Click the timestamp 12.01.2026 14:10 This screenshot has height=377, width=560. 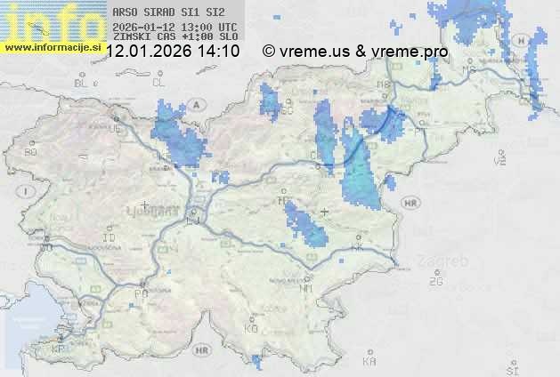pyautogui.click(x=173, y=52)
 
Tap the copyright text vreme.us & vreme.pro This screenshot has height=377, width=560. pyautogui.click(x=355, y=52)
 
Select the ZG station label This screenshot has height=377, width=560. pyautogui.click(x=435, y=282)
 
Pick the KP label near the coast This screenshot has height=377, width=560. pyautogui.click(x=58, y=349)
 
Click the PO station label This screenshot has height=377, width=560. pyautogui.click(x=140, y=293)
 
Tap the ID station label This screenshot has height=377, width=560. pyautogui.click(x=110, y=238)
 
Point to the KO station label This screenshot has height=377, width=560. pyautogui.click(x=251, y=328)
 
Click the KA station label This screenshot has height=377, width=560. pyautogui.click(x=370, y=361)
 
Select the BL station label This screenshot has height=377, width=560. pyautogui.click(x=82, y=83)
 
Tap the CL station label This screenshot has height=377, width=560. pyautogui.click(x=159, y=83)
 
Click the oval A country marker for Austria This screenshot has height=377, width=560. pyautogui.click(x=197, y=104)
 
